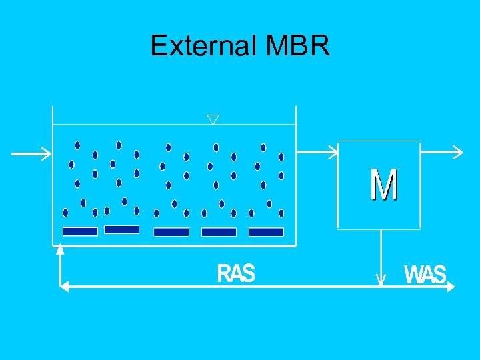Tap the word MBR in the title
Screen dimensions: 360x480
(297, 46)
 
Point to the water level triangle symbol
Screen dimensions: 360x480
(213, 119)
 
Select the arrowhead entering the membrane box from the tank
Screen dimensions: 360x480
(333, 153)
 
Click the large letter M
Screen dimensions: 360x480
(384, 185)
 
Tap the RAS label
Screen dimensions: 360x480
(236, 273)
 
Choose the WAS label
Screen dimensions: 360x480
(425, 275)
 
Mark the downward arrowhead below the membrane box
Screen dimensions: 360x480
(381, 280)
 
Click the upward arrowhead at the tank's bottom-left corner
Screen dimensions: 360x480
(60, 250)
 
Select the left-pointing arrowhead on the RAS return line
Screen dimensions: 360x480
(65, 286)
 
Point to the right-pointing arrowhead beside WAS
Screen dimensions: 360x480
(451, 286)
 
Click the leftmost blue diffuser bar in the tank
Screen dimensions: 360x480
(80, 231)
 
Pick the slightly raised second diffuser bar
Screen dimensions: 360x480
(121, 229)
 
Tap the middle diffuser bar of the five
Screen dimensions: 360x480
(171, 232)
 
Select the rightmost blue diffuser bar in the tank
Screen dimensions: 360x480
(266, 232)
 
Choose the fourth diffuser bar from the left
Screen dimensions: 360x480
(219, 232)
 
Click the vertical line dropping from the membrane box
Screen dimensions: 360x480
(381, 253)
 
